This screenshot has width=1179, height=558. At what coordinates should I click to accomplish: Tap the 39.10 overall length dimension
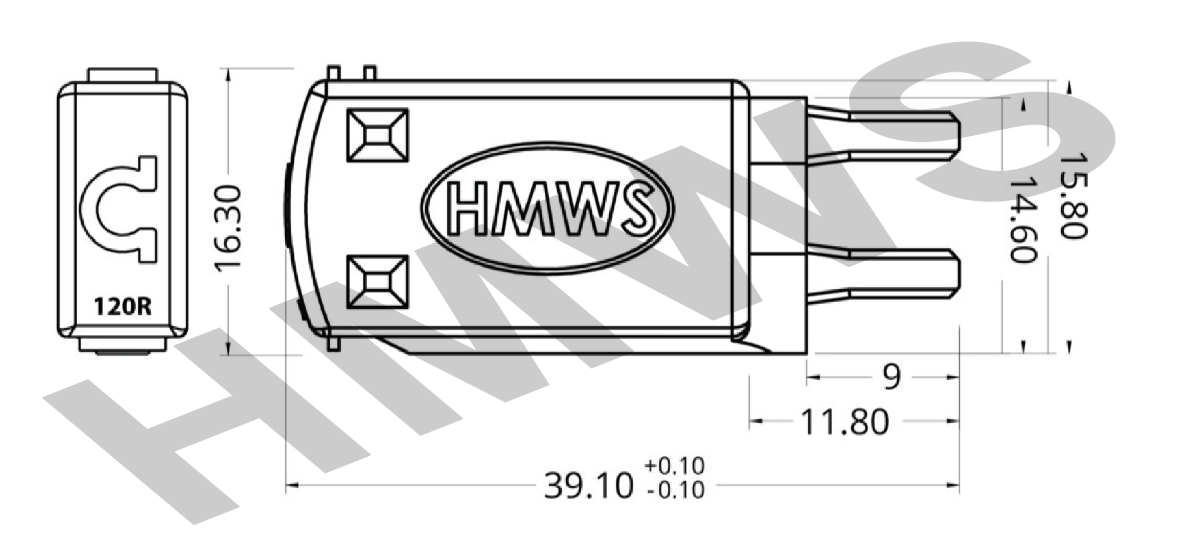pos(588,485)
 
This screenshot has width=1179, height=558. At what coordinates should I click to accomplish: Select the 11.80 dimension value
pos(845,421)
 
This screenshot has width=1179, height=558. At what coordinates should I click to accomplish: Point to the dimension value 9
pos(891,378)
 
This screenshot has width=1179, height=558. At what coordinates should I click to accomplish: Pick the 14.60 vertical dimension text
pos(1022,219)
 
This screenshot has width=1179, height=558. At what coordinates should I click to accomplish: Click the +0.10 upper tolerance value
pos(675,466)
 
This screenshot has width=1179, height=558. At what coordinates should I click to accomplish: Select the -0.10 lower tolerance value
pos(675,490)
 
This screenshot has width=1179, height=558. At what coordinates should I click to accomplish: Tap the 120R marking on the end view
pos(123,307)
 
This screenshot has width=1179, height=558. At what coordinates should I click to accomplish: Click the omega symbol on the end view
pos(119,208)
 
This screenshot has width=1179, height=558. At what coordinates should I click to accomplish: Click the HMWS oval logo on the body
pos(548,207)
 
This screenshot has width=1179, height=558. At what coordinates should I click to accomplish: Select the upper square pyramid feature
pos(378,135)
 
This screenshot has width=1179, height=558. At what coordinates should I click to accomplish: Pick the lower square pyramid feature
pos(378,281)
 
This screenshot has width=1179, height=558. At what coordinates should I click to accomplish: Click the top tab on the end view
pos(123,74)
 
